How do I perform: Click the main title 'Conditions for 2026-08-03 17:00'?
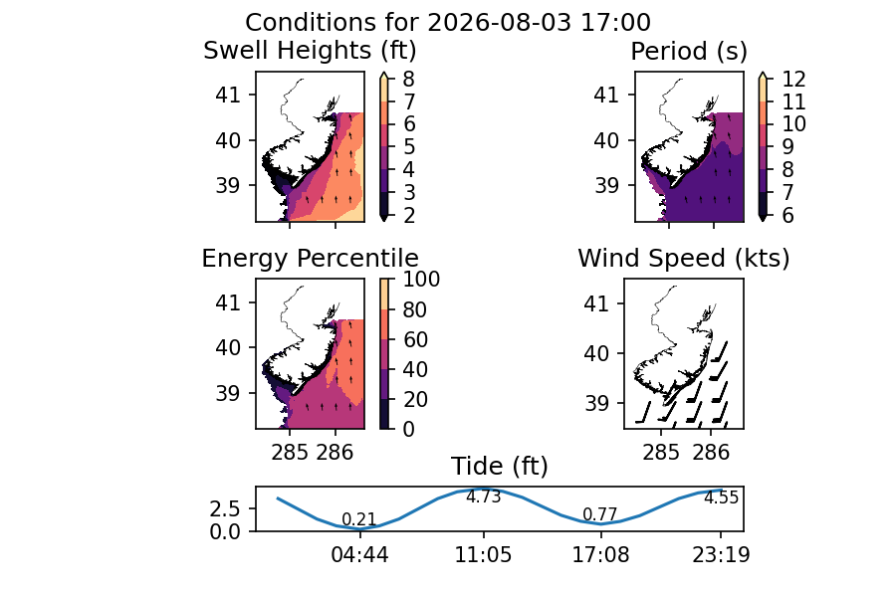pos(447,23)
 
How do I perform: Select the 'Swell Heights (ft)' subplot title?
pos(310,51)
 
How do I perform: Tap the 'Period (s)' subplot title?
pos(689,52)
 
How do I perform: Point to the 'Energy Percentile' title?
pos(310,259)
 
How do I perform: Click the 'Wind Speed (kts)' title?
pos(683,259)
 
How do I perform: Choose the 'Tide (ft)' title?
pos(500,467)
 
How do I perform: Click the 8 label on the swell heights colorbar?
pos(408,79)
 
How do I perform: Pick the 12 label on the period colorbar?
pos(793,79)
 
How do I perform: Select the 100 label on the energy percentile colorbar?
pos(421,280)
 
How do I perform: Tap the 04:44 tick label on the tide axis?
pos(360,555)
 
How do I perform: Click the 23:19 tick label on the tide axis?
pos(721,555)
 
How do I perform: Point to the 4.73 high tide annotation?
pos(484,497)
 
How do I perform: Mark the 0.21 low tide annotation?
pos(358,519)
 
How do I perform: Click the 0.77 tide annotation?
pos(600,514)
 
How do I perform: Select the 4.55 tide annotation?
pos(721,498)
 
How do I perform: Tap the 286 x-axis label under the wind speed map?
pos(712,453)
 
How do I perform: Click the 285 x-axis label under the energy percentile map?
pos(289,453)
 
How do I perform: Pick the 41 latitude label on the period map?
pos(606,95)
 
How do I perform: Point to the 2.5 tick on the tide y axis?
pos(225,508)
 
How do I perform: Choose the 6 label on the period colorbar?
pos(787,215)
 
